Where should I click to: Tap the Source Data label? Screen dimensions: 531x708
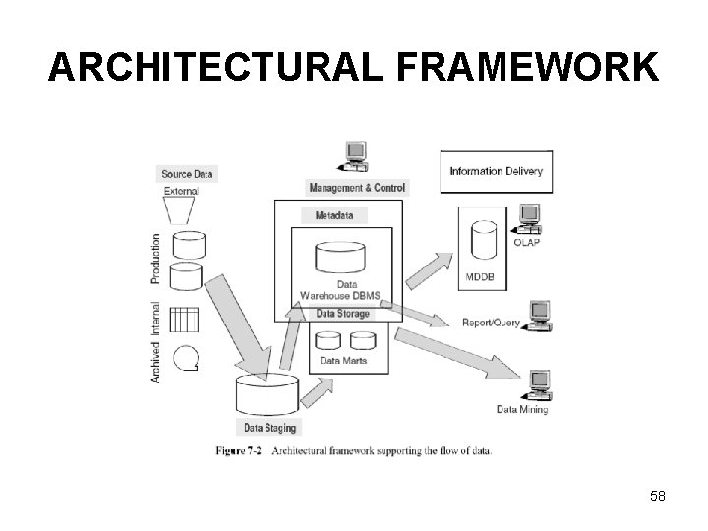tap(187, 174)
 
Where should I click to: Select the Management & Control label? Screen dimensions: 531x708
tap(357, 188)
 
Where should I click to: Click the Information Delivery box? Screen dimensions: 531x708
tap(496, 171)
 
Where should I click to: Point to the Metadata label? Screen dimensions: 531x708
tap(334, 214)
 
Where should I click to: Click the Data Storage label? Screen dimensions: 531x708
tap(343, 314)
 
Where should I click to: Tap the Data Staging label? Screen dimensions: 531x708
tap(269, 428)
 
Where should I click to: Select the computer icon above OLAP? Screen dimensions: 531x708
tap(531, 216)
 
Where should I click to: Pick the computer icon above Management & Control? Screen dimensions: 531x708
tap(353, 156)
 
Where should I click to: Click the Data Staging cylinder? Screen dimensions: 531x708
tap(267, 395)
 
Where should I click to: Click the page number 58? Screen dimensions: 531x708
tap(657, 496)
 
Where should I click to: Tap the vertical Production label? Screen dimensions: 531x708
tap(156, 259)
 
